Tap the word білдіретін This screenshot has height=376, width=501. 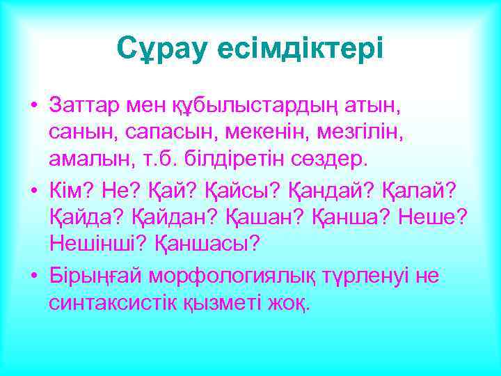(230, 159)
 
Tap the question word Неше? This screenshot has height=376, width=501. (432, 217)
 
